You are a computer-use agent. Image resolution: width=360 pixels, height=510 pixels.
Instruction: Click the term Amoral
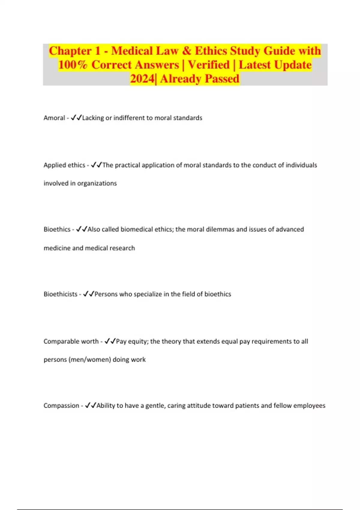[x=54, y=118]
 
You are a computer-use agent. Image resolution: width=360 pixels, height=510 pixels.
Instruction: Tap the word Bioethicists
[x=60, y=294]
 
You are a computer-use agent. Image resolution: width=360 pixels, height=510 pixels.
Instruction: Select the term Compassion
[x=61, y=406]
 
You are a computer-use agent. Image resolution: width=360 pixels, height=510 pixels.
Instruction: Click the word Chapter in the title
[x=70, y=51]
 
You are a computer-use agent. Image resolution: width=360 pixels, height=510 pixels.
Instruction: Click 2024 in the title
[x=142, y=79]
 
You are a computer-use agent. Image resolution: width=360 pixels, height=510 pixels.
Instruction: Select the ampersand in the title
[x=186, y=51]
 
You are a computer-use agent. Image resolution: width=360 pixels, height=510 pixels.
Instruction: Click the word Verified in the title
[x=208, y=65]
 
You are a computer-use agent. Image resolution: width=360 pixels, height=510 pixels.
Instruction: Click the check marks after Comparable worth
[x=110, y=341]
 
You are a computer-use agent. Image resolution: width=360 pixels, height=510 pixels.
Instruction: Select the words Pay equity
[x=132, y=341]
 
